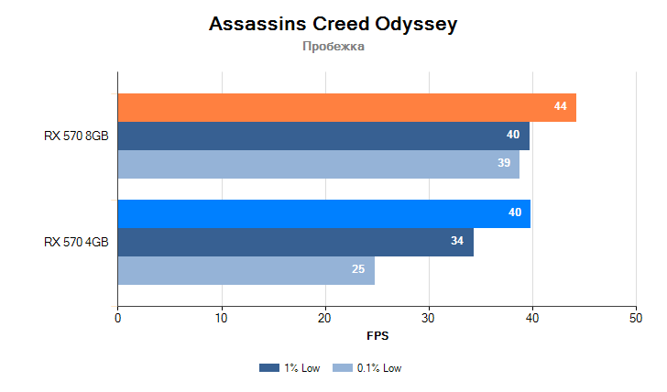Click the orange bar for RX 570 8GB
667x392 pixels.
pyautogui.click(x=346, y=107)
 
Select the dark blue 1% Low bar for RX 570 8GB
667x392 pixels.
pyautogui.click(x=323, y=136)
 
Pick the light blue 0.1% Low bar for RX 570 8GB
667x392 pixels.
pyautogui.click(x=318, y=163)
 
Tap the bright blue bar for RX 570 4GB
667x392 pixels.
pyautogui.click(x=323, y=213)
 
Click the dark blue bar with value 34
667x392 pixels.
pyautogui.click(x=295, y=242)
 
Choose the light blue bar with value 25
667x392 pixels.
pyautogui.click(x=246, y=270)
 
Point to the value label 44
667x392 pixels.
pyautogui.click(x=560, y=107)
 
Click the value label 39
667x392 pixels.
pyautogui.click(x=504, y=163)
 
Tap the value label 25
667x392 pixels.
pyautogui.click(x=359, y=270)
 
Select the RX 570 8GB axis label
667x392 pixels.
pyautogui.click(x=76, y=136)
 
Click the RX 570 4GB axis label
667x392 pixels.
pyautogui.click(x=76, y=242)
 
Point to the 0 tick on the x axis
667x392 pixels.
pyautogui.click(x=117, y=318)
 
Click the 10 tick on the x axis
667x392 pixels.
pyautogui.click(x=221, y=318)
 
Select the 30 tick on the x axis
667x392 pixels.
pyautogui.click(x=428, y=318)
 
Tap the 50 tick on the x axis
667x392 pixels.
pyautogui.click(x=635, y=318)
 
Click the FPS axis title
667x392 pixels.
pyautogui.click(x=377, y=336)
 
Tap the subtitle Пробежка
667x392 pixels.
pyautogui.click(x=333, y=47)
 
